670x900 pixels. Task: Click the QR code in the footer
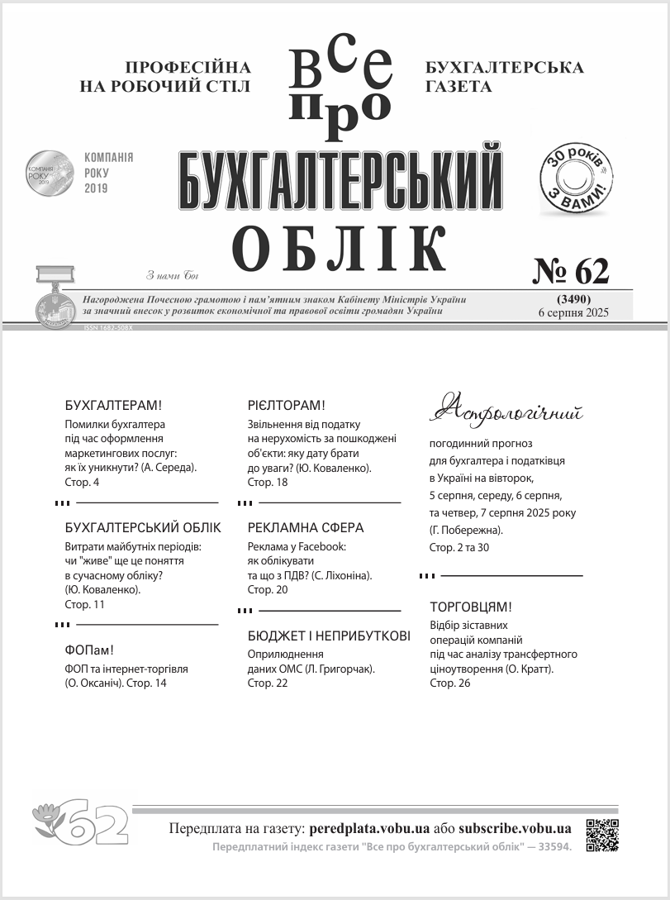pyautogui.click(x=602, y=835)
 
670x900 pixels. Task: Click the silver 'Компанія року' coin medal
pyautogui.click(x=50, y=173)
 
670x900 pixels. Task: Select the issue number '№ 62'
pyautogui.click(x=570, y=270)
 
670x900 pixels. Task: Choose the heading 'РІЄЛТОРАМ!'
pyautogui.click(x=287, y=406)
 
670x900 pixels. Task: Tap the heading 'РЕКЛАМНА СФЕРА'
pyautogui.click(x=306, y=528)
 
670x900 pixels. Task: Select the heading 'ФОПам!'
pyautogui.click(x=88, y=650)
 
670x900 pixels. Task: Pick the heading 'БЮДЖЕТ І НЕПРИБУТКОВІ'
pyautogui.click(x=329, y=636)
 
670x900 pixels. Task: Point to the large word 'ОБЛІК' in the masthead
pyautogui.click(x=340, y=247)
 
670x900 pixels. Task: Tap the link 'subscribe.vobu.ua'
pyautogui.click(x=515, y=828)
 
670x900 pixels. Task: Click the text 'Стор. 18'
pyautogui.click(x=268, y=482)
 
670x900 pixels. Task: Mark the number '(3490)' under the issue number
pyautogui.click(x=572, y=298)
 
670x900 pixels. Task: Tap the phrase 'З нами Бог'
pyautogui.click(x=172, y=276)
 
